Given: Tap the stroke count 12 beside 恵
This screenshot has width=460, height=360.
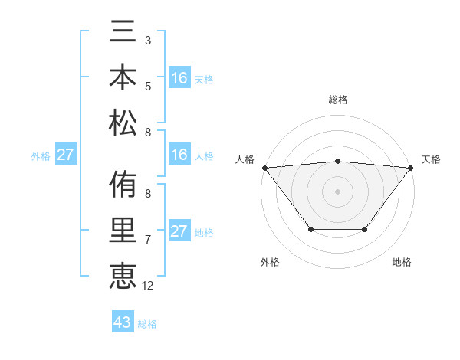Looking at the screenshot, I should [148, 286].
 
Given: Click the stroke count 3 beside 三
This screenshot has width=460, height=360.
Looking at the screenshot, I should [147, 40].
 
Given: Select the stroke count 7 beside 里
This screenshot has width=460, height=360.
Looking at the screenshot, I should [147, 240].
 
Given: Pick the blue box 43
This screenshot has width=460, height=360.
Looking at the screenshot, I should [123, 322].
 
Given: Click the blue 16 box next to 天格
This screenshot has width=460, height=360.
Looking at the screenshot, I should [179, 77].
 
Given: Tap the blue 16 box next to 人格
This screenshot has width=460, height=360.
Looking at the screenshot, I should [179, 155].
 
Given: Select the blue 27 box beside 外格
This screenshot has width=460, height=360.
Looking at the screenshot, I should [66, 155].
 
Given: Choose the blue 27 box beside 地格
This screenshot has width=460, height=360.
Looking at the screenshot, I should [179, 231].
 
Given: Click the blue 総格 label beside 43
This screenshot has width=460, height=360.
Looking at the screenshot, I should [147, 324].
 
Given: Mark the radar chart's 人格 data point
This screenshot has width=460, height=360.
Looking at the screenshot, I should [264, 168].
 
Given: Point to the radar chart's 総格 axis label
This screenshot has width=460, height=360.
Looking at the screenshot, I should [338, 100].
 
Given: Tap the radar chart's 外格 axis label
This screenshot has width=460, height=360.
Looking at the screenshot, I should [270, 262].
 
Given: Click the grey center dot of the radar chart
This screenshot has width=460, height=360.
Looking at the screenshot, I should [338, 191].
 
